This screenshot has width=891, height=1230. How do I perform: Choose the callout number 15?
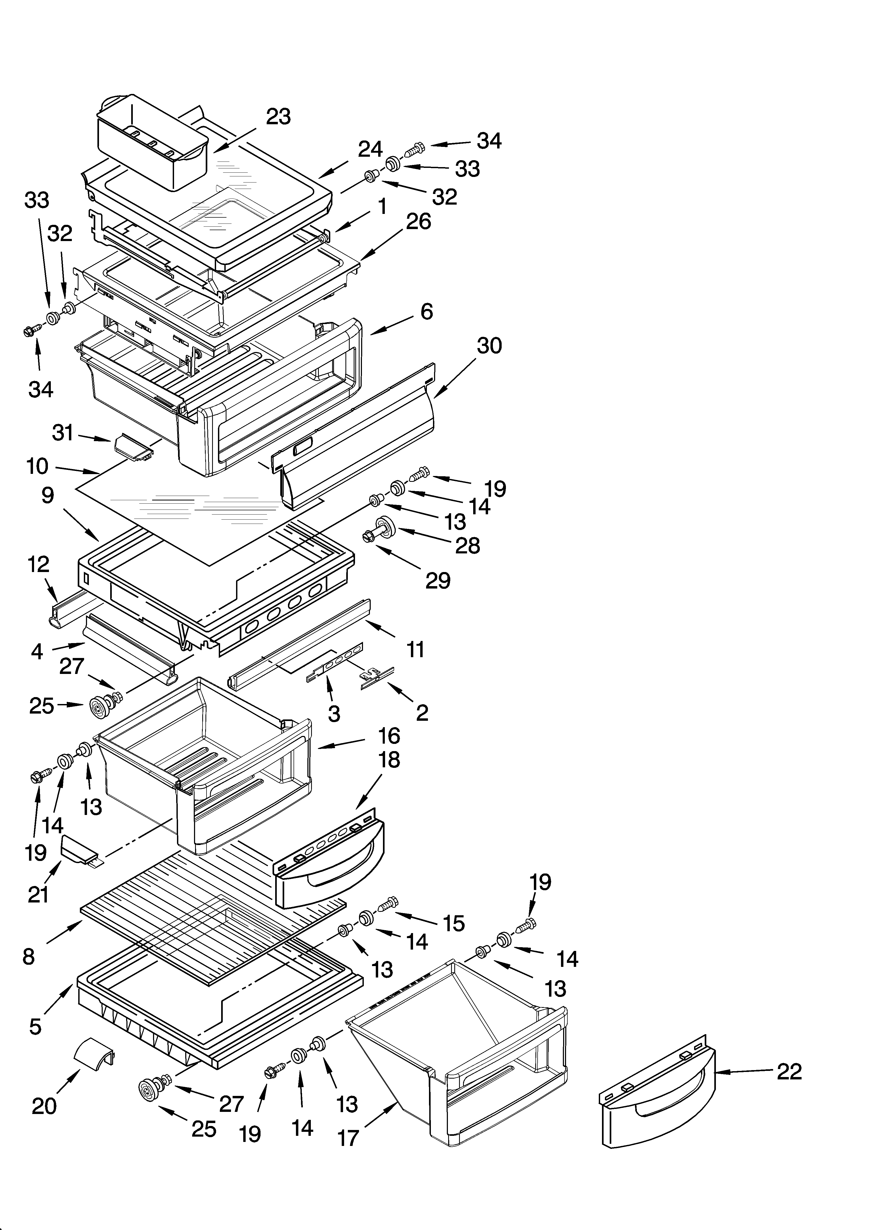click(454, 922)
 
